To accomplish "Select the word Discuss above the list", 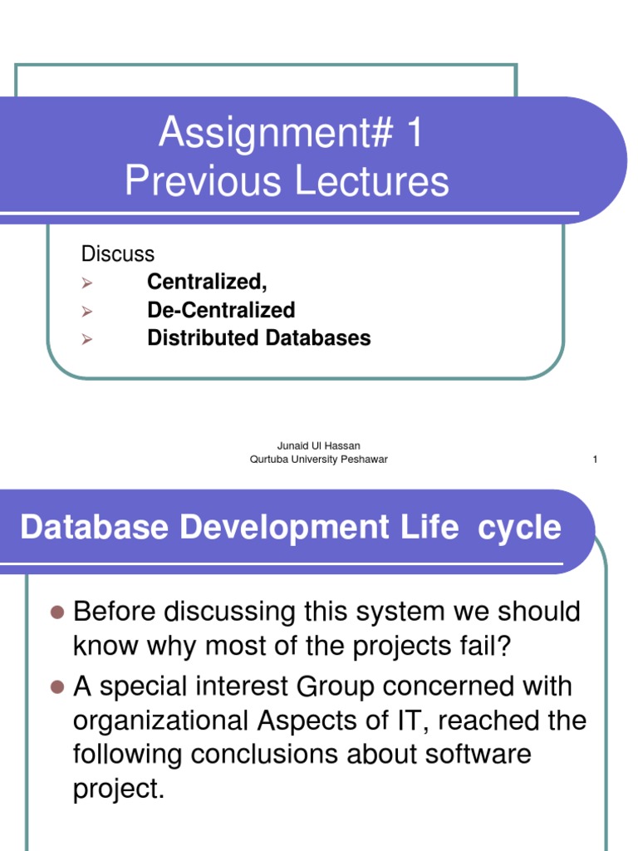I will [117, 253].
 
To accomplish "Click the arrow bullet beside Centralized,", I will [86, 283].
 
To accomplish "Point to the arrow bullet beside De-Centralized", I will [86, 312].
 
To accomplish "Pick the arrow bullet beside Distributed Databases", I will [86, 339].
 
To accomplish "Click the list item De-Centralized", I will [221, 310].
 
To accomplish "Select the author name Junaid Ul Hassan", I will [319, 446].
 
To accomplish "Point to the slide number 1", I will [595, 460].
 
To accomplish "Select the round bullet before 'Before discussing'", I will [57, 612].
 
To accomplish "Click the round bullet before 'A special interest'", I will [57, 687].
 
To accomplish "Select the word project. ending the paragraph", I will [119, 788].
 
